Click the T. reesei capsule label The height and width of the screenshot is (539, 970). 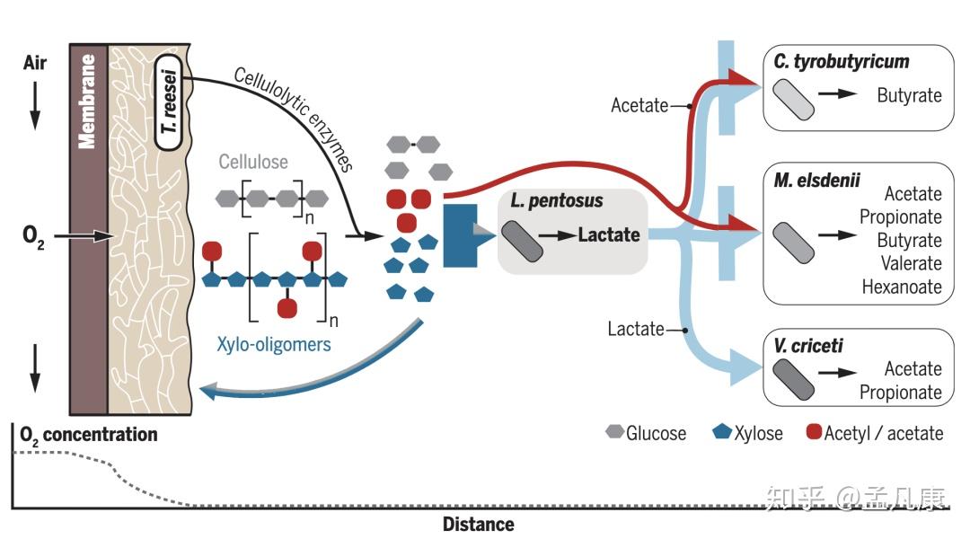pyautogui.click(x=168, y=102)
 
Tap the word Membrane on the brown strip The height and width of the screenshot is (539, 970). pyautogui.click(x=87, y=102)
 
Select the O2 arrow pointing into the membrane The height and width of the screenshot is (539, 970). pyautogui.click(x=84, y=235)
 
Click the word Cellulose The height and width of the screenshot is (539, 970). pyautogui.click(x=253, y=162)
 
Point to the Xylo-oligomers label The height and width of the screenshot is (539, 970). pyautogui.click(x=273, y=344)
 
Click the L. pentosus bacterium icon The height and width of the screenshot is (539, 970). pyautogui.click(x=522, y=241)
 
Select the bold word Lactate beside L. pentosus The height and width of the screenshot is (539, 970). pyautogui.click(x=609, y=235)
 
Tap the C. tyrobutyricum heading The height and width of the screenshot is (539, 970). pyautogui.click(x=842, y=62)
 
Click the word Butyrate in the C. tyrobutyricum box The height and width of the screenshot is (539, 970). pyautogui.click(x=909, y=95)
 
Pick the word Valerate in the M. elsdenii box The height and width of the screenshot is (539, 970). pyautogui.click(x=912, y=263)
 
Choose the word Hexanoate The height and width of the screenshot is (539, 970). pyautogui.click(x=902, y=287)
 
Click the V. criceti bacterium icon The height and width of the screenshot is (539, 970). pyautogui.click(x=793, y=379)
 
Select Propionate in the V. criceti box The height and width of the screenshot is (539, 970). pyautogui.click(x=901, y=393)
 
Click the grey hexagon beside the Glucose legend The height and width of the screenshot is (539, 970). pyautogui.click(x=614, y=431)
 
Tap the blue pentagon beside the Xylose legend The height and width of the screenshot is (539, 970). pyautogui.click(x=722, y=431)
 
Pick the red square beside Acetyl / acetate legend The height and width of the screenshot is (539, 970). pyautogui.click(x=814, y=431)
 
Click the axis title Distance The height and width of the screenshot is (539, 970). pyautogui.click(x=478, y=525)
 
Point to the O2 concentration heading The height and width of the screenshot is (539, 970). pyautogui.click(x=88, y=435)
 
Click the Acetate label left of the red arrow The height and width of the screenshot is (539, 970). pyautogui.click(x=639, y=106)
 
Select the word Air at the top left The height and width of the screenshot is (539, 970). pyautogui.click(x=35, y=63)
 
